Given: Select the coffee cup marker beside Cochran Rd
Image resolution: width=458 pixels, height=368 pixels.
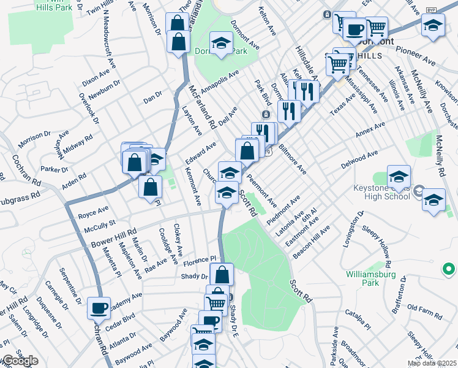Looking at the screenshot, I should pos(99,308).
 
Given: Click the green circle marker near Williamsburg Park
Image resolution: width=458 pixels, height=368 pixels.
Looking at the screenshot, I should pos(448,269).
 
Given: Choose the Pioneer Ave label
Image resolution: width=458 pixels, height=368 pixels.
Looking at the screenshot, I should pos(415,56).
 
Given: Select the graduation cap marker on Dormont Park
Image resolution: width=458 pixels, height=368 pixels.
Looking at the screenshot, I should pos(220,43).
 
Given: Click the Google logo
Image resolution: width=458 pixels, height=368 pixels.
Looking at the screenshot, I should pos(20,361).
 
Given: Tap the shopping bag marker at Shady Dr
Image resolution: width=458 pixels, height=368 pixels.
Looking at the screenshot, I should pos(222,274).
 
